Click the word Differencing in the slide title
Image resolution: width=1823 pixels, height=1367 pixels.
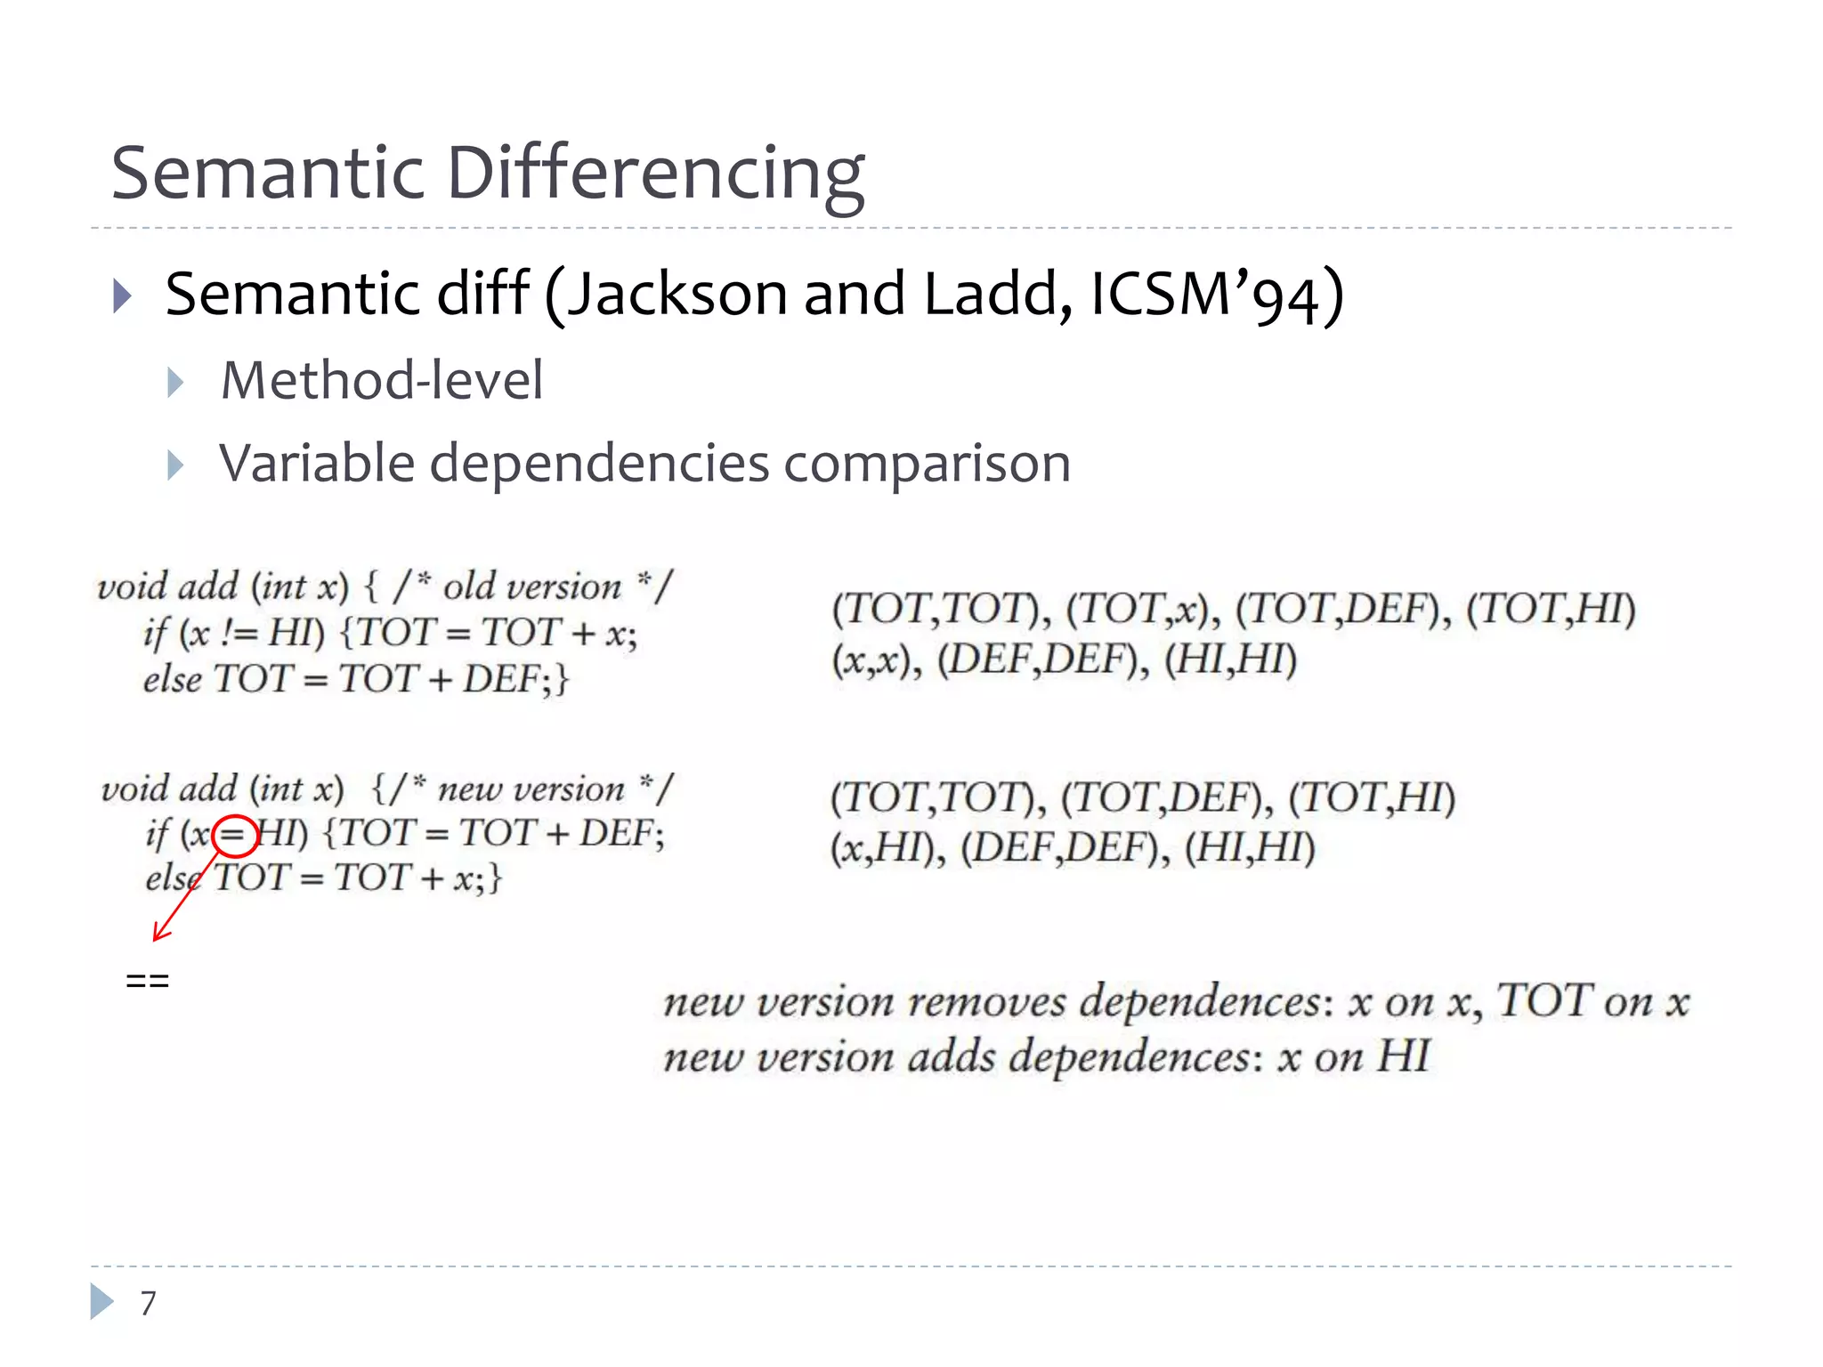click(x=655, y=174)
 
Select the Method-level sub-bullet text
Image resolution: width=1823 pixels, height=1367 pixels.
click(x=382, y=381)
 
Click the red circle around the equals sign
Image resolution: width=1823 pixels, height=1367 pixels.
click(x=235, y=836)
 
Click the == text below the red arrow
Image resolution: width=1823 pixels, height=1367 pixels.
click(x=148, y=981)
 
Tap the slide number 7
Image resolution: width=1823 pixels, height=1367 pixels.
click(x=148, y=1303)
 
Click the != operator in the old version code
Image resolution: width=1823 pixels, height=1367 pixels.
click(x=239, y=634)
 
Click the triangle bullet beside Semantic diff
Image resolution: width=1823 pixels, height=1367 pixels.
click(x=123, y=295)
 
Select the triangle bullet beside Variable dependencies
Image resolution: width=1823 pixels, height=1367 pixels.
click(x=175, y=465)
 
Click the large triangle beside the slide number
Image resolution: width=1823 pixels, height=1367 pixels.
click(x=101, y=1302)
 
